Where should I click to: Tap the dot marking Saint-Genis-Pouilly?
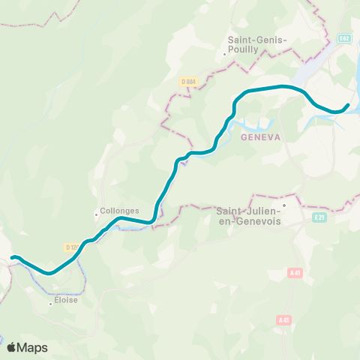click(225, 53)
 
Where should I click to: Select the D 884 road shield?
click(189, 81)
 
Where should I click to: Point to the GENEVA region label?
click(260, 137)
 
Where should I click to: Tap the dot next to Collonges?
click(97, 214)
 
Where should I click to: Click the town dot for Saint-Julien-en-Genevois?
click(285, 203)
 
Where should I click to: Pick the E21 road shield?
click(319, 217)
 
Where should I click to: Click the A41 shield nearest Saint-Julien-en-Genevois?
click(294, 274)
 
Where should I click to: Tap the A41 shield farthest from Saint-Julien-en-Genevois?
click(283, 320)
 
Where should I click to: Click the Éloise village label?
click(65, 300)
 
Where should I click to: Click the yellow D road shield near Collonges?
click(72, 247)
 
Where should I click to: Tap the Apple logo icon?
click(12, 347)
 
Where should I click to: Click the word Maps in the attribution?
click(33, 347)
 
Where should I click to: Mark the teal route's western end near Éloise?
click(13, 258)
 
